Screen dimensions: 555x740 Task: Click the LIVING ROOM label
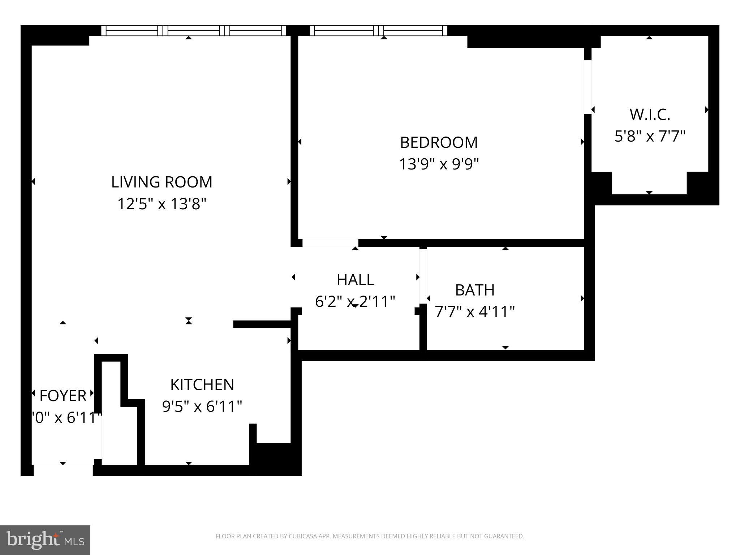[162, 182]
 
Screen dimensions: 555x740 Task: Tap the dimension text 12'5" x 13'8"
[162, 204]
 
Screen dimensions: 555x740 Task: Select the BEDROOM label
[439, 142]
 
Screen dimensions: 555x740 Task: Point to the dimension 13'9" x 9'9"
[439, 164]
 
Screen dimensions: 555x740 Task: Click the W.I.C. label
[650, 115]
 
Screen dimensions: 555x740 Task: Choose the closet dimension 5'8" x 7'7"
[650, 137]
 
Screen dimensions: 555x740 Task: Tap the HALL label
[355, 280]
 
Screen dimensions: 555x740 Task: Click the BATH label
[474, 290]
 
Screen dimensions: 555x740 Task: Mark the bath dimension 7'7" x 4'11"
[474, 311]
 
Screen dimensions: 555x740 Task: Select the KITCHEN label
[202, 384]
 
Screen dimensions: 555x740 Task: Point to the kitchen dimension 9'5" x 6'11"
[202, 406]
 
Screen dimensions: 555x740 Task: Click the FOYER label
[63, 396]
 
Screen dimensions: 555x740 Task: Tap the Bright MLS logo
[45, 540]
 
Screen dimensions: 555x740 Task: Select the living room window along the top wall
[194, 31]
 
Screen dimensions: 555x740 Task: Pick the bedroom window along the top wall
[378, 31]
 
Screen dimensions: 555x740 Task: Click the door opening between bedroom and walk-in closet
[588, 87]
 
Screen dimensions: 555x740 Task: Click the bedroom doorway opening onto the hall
[330, 243]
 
